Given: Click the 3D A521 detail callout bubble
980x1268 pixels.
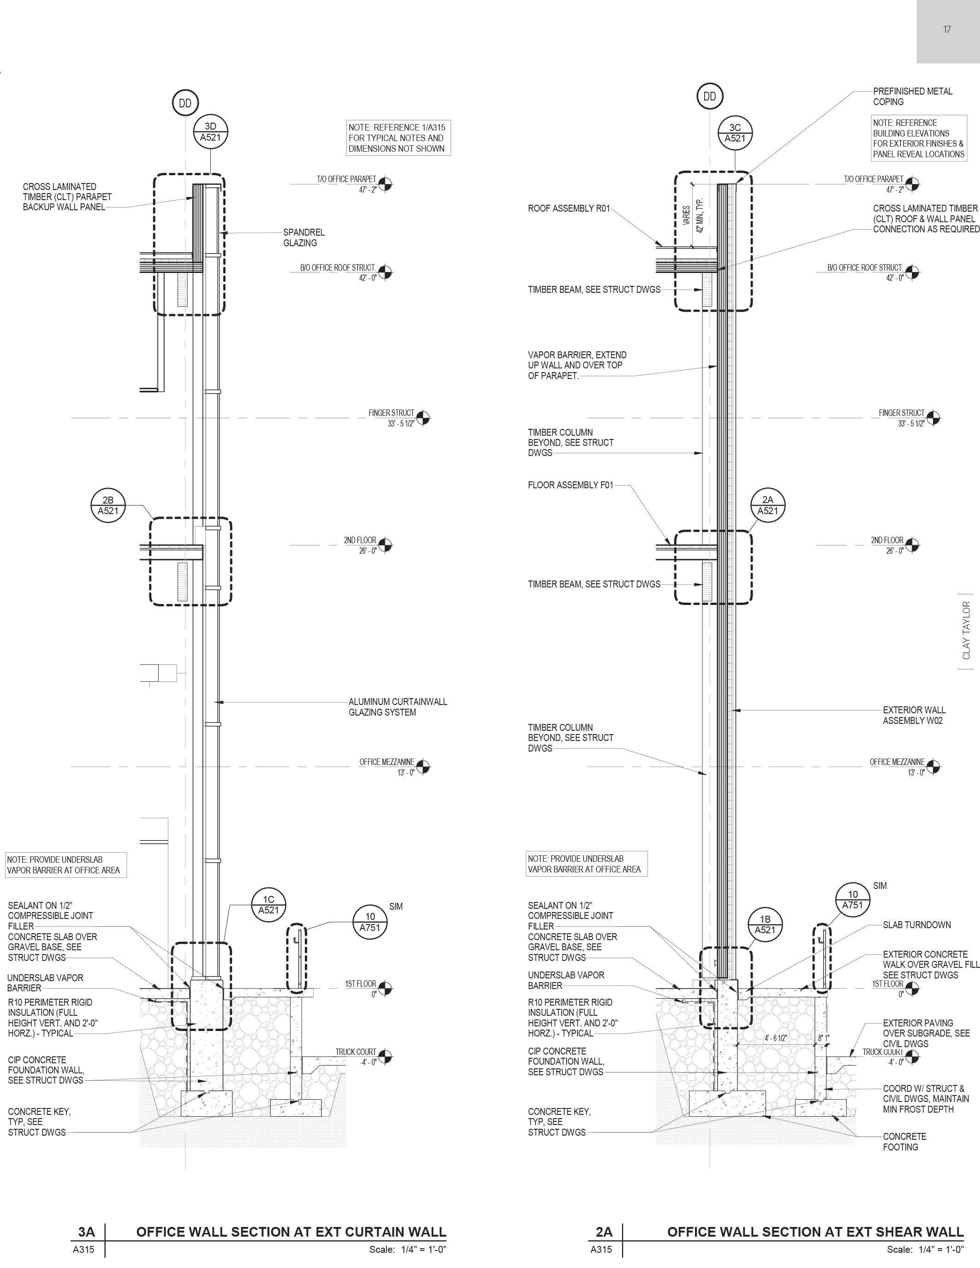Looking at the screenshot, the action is (210, 132).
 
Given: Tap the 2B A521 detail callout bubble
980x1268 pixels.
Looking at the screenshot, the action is (108, 505).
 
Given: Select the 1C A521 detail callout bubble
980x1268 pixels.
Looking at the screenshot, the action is (268, 905).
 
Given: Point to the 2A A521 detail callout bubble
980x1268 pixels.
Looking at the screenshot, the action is (767, 505).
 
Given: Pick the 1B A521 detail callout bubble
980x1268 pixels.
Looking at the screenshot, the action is (765, 924).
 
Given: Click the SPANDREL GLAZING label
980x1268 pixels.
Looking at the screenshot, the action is (303, 237).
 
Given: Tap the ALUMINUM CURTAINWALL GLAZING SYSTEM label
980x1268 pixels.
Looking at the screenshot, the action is (398, 706).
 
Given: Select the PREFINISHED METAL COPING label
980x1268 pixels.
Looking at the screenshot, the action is (912, 96).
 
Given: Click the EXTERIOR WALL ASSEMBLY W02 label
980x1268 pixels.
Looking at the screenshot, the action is (914, 715).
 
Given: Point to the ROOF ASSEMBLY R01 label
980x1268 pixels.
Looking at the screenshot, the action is (568, 208).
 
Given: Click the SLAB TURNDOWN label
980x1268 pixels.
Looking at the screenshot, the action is (916, 925).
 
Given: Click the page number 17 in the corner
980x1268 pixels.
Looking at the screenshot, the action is (947, 30).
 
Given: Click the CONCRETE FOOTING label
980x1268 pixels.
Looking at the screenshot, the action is (904, 1142).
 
